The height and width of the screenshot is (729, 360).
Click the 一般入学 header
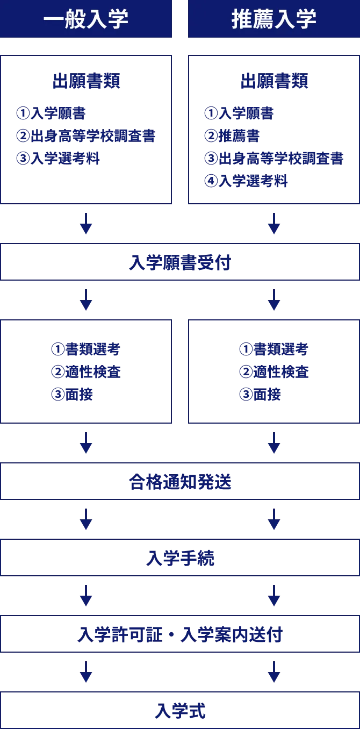click(x=86, y=19)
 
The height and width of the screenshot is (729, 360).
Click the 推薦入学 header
click(x=274, y=19)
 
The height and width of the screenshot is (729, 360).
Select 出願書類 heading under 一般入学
click(x=86, y=81)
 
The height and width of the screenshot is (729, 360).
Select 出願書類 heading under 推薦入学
click(x=275, y=81)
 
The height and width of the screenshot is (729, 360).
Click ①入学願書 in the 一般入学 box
click(x=49, y=113)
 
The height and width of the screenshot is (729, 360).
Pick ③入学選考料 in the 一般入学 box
click(x=57, y=159)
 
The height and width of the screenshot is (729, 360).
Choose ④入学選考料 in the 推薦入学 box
click(x=246, y=181)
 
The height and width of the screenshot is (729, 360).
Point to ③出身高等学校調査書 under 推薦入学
click(x=273, y=158)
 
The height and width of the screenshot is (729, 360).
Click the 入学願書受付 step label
click(x=180, y=262)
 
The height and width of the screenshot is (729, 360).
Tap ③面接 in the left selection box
click(x=72, y=395)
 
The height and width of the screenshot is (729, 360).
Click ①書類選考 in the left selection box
click(x=85, y=349)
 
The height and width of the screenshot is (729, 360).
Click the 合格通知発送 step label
click(x=180, y=482)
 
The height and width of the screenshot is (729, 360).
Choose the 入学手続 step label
click(x=180, y=559)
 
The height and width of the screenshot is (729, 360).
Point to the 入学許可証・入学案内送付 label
click(x=180, y=635)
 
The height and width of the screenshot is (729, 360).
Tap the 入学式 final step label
click(x=180, y=711)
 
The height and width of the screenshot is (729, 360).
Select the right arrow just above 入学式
click(x=275, y=671)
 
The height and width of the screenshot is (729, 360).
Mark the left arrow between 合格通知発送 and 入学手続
click(x=86, y=520)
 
